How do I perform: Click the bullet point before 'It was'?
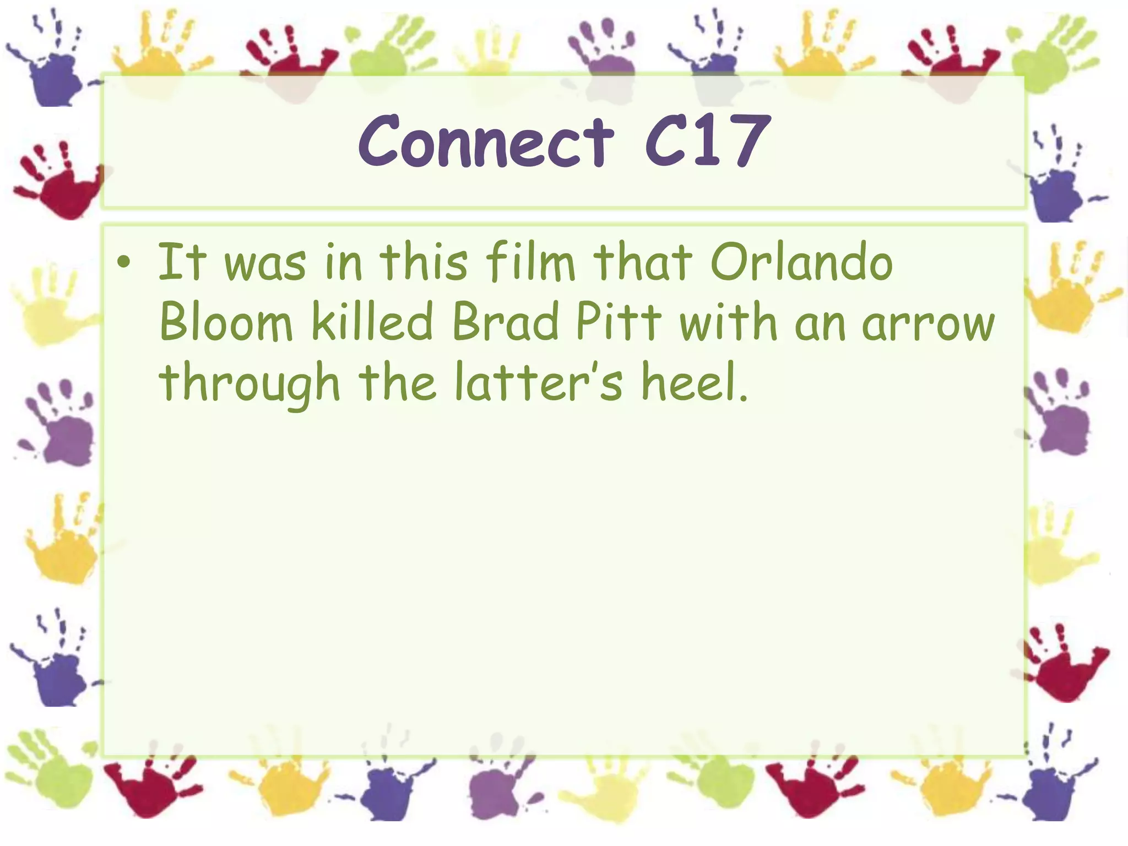[x=124, y=263]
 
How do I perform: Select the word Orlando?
[x=801, y=262]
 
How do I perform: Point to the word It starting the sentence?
[x=182, y=262]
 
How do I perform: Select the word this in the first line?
[x=424, y=262]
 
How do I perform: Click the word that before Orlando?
[x=642, y=262]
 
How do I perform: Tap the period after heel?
[x=744, y=397]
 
